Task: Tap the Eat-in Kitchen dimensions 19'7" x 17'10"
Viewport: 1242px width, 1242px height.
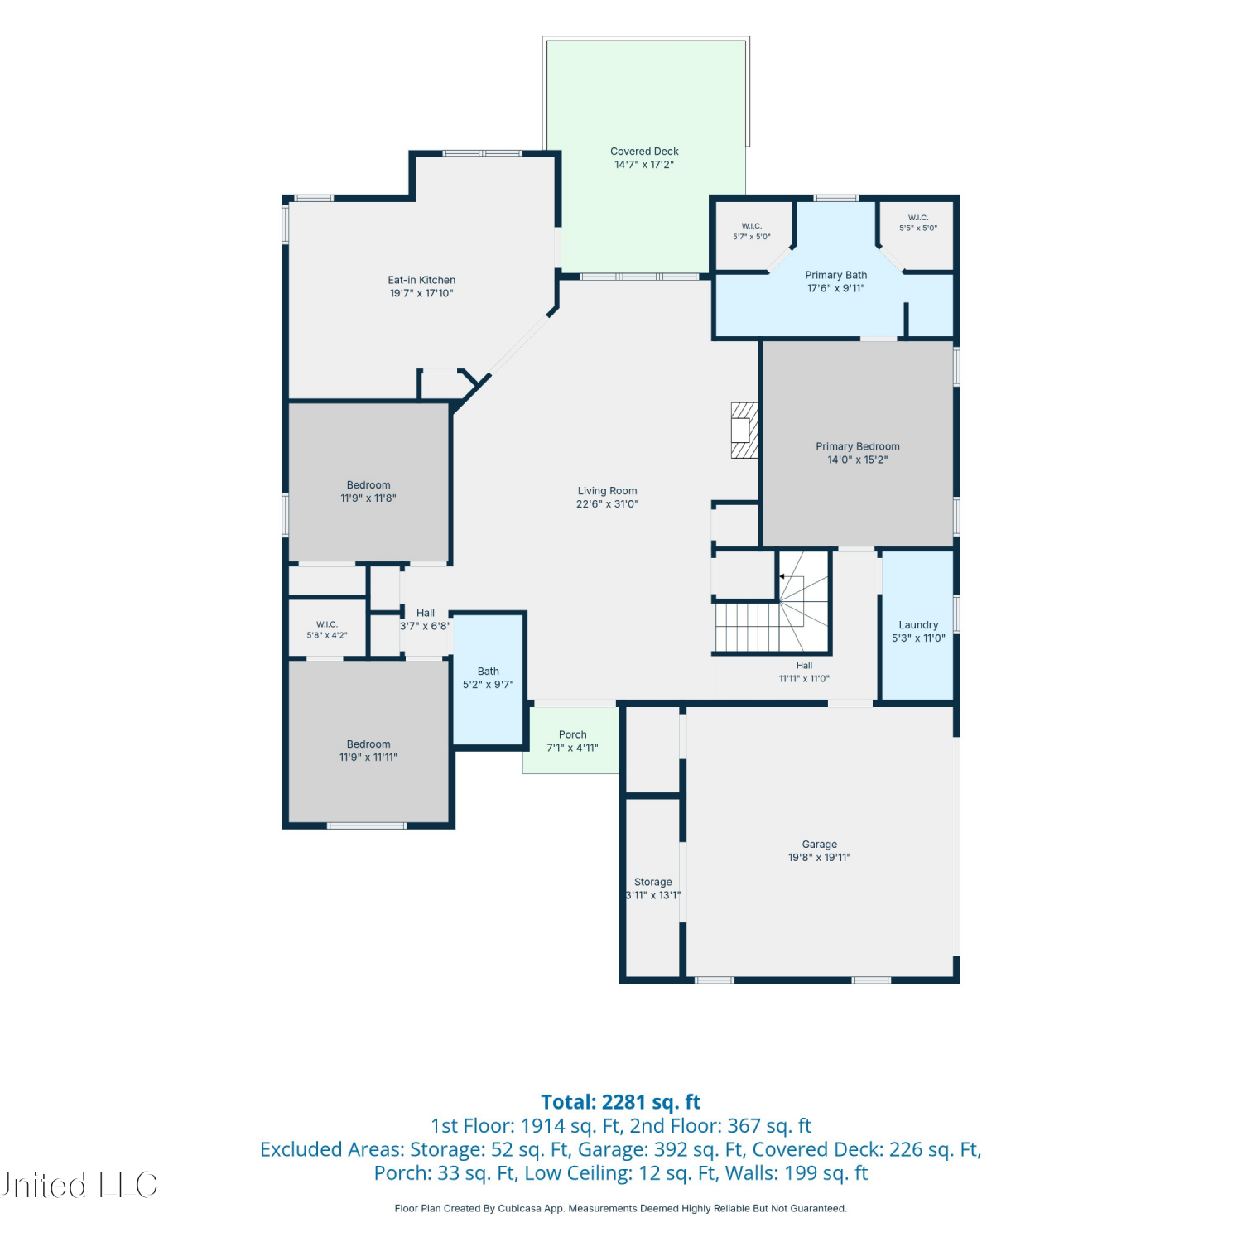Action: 421,293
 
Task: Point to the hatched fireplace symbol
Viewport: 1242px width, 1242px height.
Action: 744,431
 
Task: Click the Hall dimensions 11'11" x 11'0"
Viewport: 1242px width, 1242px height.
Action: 804,679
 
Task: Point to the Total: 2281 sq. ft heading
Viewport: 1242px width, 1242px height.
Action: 621,1102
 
